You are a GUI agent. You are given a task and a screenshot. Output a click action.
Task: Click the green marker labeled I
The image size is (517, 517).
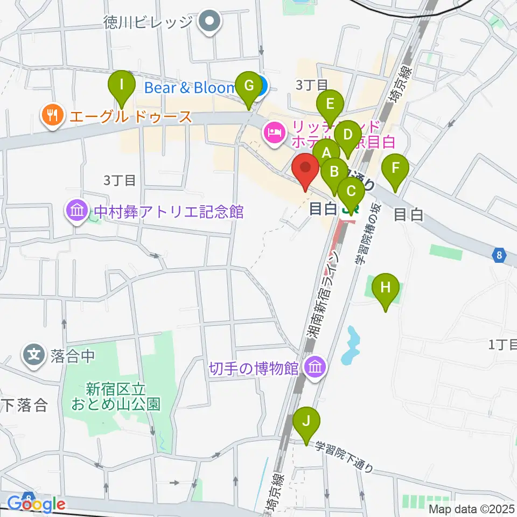(x=122, y=86)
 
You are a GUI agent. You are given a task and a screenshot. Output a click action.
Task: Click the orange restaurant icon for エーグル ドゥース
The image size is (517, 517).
(x=52, y=116)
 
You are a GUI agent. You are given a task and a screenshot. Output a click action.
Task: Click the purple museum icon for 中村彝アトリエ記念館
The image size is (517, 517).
(x=78, y=211)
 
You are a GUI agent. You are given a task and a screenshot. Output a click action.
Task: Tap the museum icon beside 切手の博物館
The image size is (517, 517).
(x=315, y=368)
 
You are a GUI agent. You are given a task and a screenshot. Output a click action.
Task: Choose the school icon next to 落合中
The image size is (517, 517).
(x=33, y=355)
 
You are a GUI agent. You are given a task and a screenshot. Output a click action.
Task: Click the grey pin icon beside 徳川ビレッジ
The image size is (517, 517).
(x=209, y=23)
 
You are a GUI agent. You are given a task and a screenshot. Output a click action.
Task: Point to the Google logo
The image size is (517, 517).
(x=37, y=504)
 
